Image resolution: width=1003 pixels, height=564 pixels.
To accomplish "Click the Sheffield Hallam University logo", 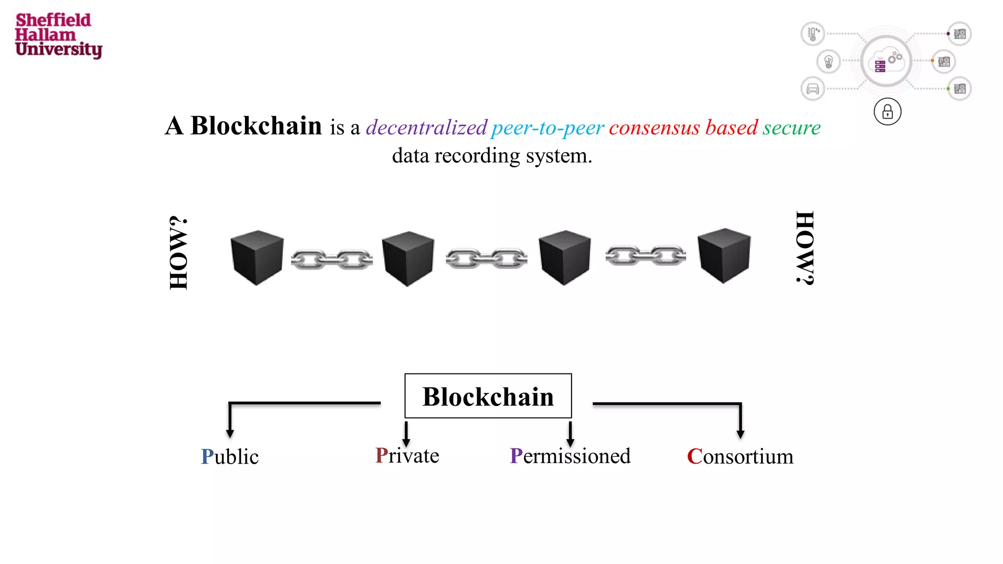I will click(x=58, y=35).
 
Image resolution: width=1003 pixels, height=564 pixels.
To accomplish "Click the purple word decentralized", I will click(x=427, y=128).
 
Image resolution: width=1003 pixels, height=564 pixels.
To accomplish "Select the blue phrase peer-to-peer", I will click(x=548, y=128).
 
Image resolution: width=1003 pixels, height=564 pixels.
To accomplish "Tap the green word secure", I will click(x=791, y=128).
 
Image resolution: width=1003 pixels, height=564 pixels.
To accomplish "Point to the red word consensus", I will click(x=654, y=128).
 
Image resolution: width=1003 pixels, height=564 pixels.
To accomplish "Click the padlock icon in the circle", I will click(x=887, y=112).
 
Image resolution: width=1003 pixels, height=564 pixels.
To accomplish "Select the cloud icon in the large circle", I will click(x=887, y=61).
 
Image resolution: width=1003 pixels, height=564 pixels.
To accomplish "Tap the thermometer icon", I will click(x=812, y=34).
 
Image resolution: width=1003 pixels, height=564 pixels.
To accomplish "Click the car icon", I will click(x=812, y=89).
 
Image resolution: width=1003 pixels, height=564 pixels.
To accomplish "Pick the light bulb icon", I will click(x=829, y=62).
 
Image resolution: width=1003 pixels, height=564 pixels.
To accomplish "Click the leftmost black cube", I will click(x=257, y=257).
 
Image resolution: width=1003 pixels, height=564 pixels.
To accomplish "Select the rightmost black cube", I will click(x=724, y=255).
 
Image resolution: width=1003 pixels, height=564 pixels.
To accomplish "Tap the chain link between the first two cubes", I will click(x=332, y=259).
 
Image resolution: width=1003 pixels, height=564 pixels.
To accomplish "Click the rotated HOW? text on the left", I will click(x=179, y=253).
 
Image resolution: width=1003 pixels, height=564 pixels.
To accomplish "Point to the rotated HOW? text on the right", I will click(x=805, y=248).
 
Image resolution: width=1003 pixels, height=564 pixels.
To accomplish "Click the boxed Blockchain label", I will click(x=488, y=396).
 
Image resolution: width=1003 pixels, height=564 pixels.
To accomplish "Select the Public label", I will click(x=230, y=457).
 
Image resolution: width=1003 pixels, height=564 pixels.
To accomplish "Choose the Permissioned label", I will click(x=570, y=456).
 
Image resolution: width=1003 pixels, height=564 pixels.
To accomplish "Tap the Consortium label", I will click(x=740, y=456).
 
